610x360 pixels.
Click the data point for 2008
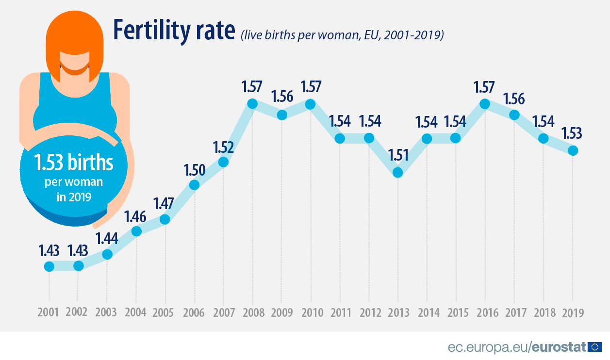pos(252,103)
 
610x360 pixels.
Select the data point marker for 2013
pos(398,172)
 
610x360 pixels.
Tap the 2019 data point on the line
pos(573,150)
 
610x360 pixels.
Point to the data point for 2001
pos(49,266)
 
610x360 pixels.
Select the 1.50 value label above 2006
pos(194,169)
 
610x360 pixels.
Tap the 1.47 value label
pos(164,203)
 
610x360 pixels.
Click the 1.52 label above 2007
pos(223,146)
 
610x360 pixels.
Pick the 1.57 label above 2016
pos(484,87)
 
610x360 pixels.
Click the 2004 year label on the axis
pos(135,311)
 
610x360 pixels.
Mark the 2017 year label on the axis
pos(514,311)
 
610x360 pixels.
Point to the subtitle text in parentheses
pos(342,35)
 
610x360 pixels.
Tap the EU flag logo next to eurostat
pos(594,346)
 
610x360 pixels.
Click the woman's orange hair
pos(75,29)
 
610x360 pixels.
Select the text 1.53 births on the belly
pos(73,163)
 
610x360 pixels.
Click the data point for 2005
pos(165,219)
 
